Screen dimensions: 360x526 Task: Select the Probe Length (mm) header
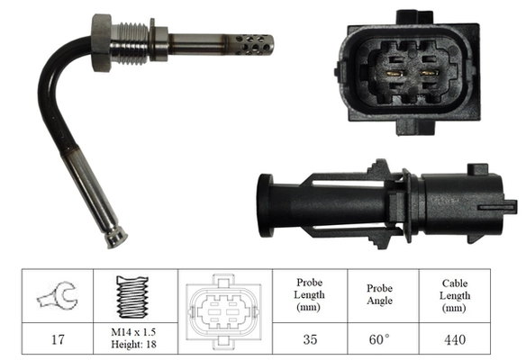(x=309, y=294)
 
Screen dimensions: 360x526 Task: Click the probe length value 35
(x=309, y=341)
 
